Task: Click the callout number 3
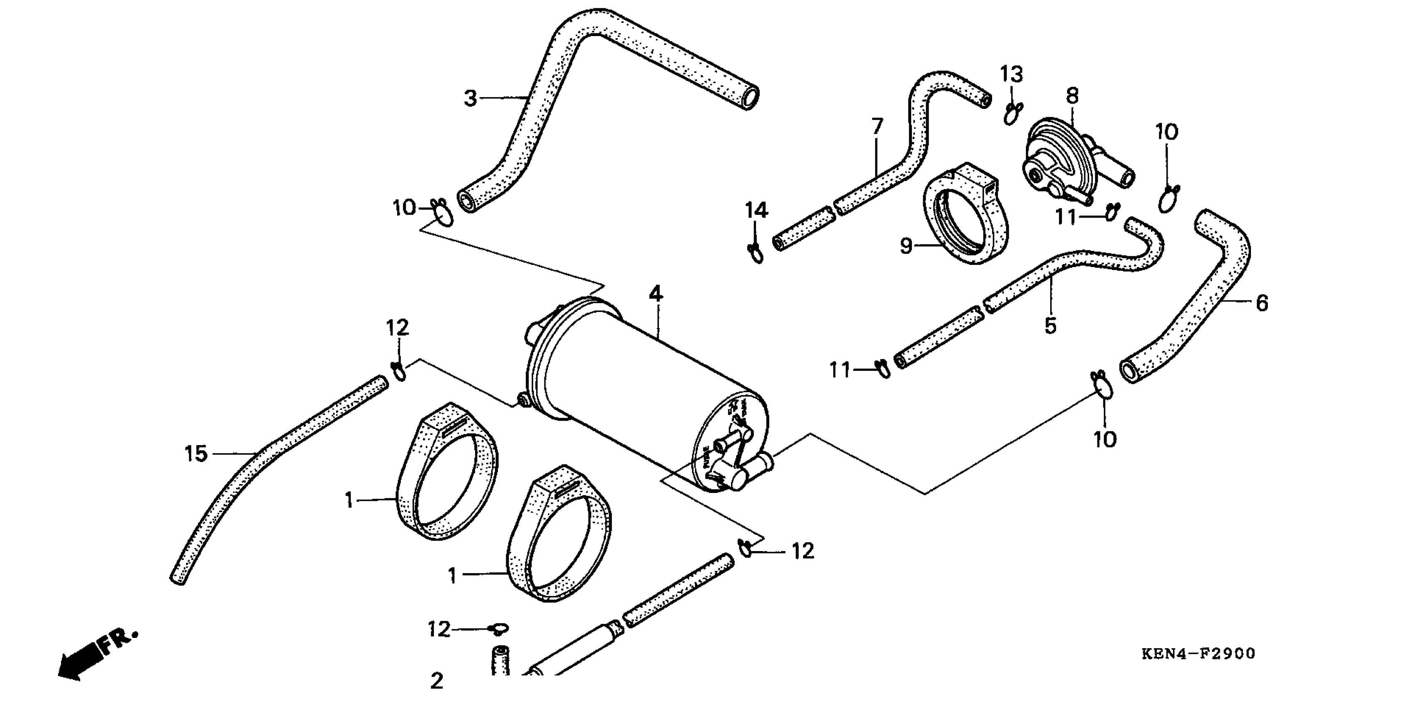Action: coord(470,99)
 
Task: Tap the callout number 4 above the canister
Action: coord(656,294)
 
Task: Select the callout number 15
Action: coord(196,454)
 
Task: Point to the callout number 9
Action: coord(907,246)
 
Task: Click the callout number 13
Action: coord(1011,74)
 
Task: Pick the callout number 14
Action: coord(756,210)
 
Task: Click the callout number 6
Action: coord(1262,303)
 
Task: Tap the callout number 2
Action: coord(437,681)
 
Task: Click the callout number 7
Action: coord(878,127)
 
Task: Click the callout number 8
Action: coord(1072,96)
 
